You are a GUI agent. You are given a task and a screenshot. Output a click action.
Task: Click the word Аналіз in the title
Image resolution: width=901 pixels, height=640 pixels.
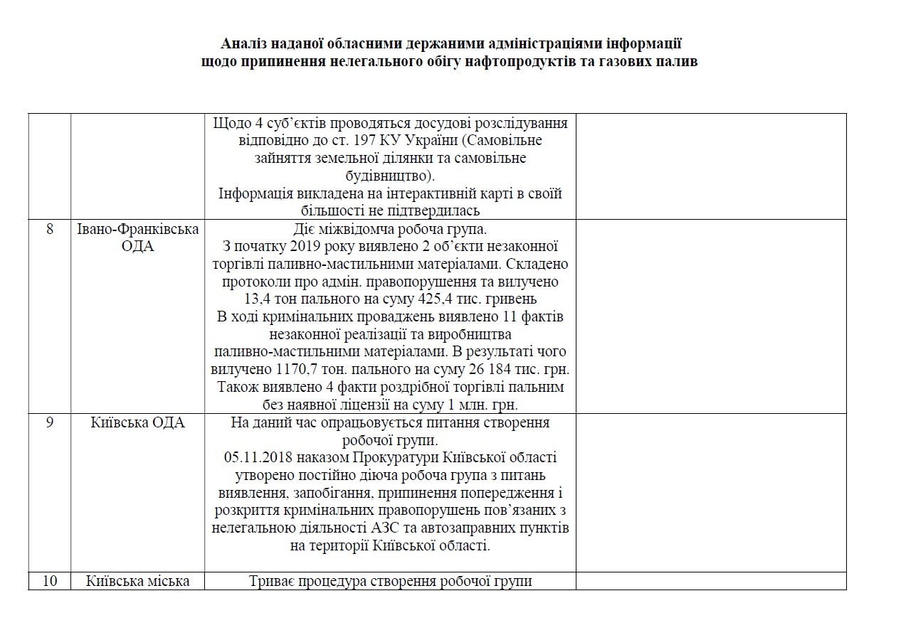pos(244,43)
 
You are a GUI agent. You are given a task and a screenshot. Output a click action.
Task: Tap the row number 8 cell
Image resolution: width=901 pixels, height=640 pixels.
pos(49,229)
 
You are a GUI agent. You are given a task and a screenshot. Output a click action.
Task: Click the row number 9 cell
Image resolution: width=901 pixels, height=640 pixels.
pos(49,422)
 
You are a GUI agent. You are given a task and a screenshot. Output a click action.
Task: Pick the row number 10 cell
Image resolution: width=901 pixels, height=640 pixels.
pos(49,581)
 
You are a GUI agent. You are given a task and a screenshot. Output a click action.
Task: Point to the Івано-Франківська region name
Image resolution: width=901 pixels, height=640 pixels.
pos(137,229)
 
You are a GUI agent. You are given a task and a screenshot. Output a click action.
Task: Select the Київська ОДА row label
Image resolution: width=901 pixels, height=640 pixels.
pos(137,422)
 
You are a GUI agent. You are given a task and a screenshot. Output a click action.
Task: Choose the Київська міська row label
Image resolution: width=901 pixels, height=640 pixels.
pos(137,581)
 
